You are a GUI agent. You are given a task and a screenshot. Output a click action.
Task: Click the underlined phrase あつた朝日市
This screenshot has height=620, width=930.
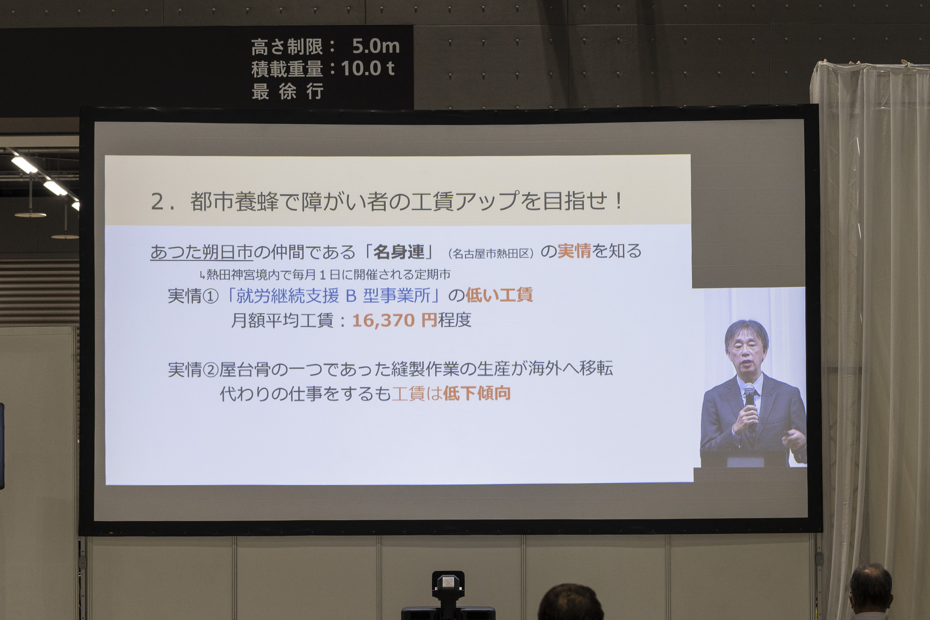click(x=201, y=252)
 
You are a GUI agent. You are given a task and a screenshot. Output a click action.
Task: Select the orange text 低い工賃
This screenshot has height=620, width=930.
click(x=499, y=295)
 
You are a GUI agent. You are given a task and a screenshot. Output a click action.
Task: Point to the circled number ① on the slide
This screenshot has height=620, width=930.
click(x=210, y=296)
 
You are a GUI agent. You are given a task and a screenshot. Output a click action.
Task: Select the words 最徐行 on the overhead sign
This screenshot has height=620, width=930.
click(x=288, y=91)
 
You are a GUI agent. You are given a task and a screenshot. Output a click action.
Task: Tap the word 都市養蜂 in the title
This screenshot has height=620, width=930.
click(x=235, y=201)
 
